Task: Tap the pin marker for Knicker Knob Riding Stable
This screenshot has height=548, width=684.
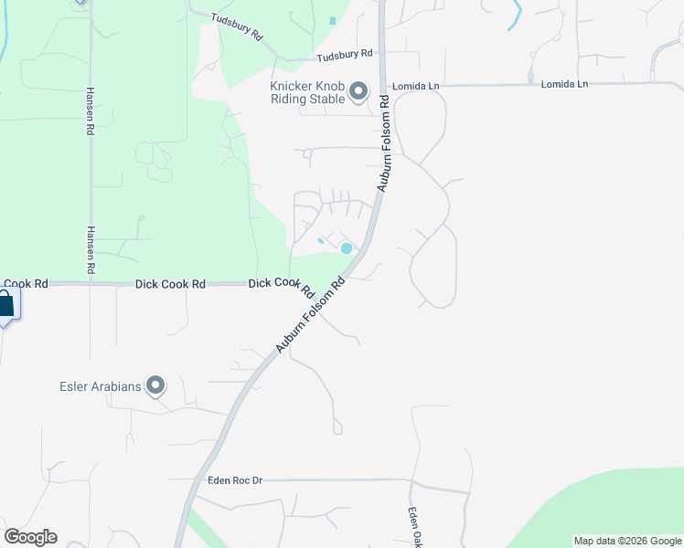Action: [x=358, y=91]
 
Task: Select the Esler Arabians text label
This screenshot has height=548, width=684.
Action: [x=102, y=386]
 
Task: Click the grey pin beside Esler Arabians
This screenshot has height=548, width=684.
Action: [x=155, y=386]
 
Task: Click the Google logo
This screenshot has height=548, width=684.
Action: [x=30, y=537]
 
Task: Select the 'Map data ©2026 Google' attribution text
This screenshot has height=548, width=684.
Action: [x=627, y=541]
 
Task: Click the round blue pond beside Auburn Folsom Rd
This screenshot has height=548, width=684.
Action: [x=347, y=248]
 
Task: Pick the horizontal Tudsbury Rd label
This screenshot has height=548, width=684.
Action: [x=345, y=56]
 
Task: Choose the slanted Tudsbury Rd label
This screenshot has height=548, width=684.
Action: [x=237, y=26]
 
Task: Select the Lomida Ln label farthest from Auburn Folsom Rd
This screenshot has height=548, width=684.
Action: [x=564, y=84]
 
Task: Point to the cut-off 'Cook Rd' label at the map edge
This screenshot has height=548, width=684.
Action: [x=24, y=284]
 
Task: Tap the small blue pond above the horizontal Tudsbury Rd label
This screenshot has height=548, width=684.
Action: [x=332, y=20]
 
